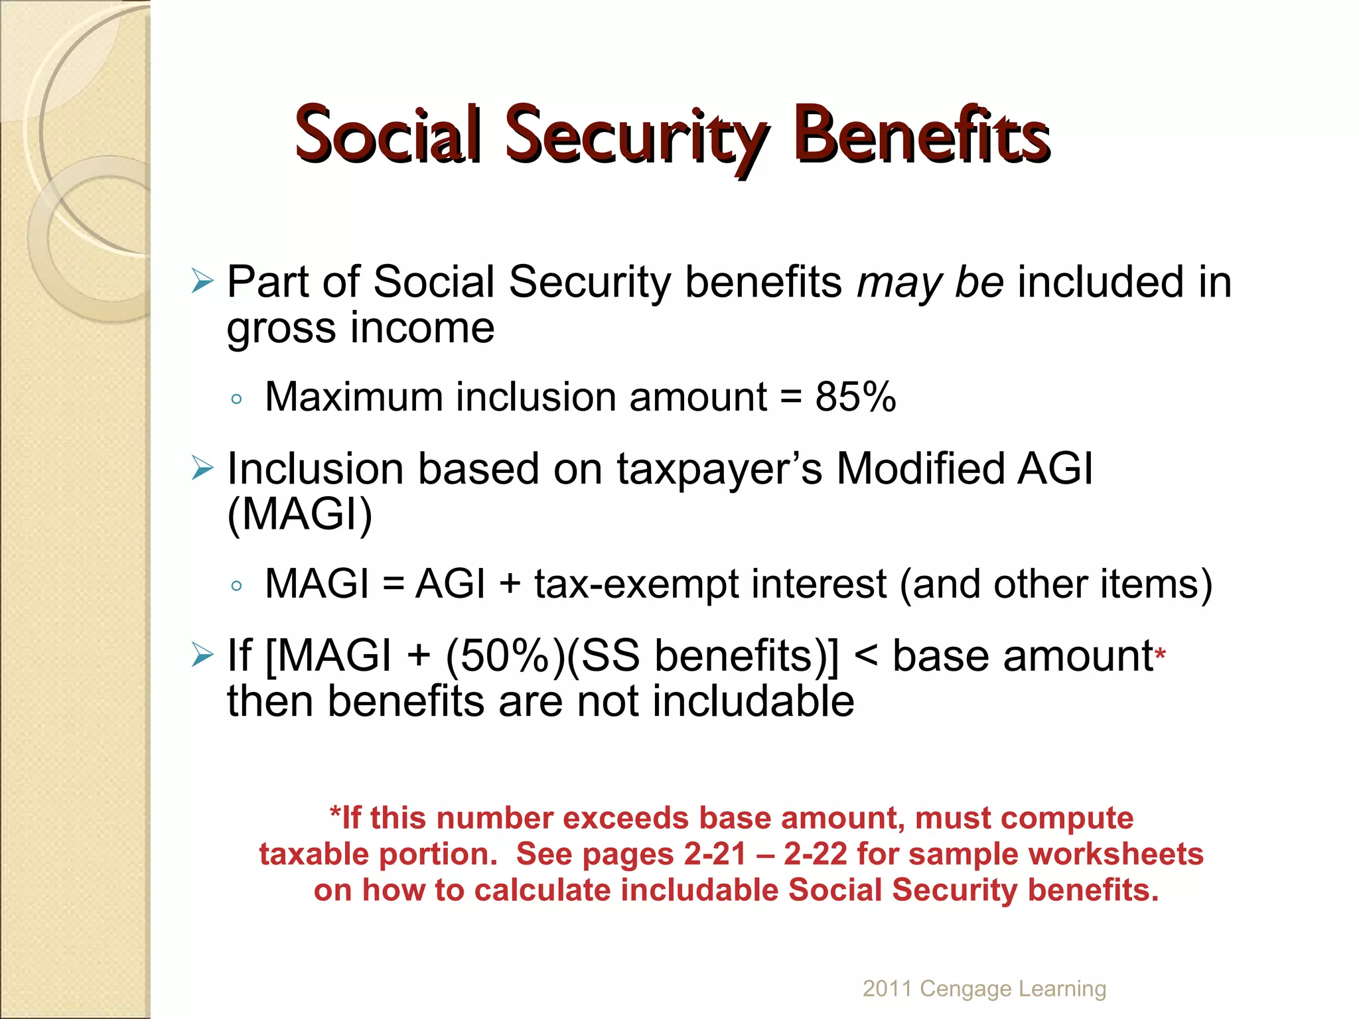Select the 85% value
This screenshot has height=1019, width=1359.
tap(855, 397)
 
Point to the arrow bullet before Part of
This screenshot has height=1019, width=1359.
tap(202, 281)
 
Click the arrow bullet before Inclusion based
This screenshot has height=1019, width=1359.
tap(202, 468)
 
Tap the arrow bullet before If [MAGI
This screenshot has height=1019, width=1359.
tap(202, 655)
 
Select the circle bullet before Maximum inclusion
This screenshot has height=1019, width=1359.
tap(237, 399)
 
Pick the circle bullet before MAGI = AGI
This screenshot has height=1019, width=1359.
tap(237, 586)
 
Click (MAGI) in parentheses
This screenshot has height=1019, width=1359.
tap(300, 514)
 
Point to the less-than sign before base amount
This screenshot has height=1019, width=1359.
tap(865, 657)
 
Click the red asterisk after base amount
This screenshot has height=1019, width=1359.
tap(1160, 655)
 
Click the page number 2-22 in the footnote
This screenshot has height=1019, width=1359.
tap(816, 854)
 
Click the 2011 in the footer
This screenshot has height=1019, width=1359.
tap(887, 988)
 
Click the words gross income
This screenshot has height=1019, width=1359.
tap(360, 328)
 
